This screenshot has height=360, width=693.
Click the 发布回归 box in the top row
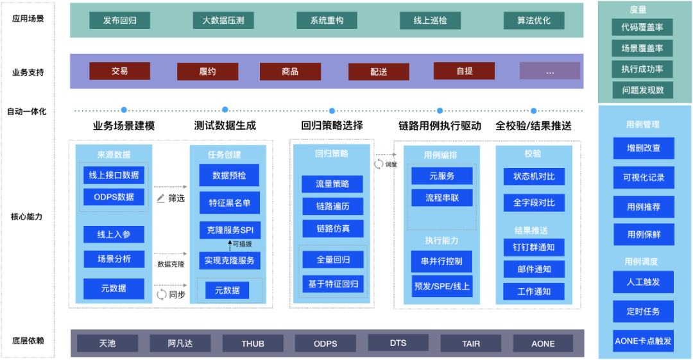[x=119, y=21]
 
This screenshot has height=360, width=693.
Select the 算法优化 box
[x=534, y=21]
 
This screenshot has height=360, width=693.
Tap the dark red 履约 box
[x=207, y=71]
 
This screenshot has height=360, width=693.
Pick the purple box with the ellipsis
[x=549, y=71]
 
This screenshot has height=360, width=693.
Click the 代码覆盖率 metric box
[x=642, y=28]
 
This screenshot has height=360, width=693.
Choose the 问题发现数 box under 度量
[x=642, y=90]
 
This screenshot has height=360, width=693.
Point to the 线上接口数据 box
[x=114, y=175]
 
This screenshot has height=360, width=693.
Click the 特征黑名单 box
[x=229, y=203]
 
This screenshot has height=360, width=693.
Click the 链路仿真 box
[x=332, y=228]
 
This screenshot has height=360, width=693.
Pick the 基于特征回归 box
[x=332, y=284]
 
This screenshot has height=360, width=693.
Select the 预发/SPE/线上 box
[x=441, y=286]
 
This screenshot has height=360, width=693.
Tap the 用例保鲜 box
[x=644, y=235]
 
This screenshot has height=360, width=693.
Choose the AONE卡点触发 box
[x=644, y=341]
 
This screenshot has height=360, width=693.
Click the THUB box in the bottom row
[x=253, y=343]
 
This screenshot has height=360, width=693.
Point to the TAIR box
[x=471, y=343]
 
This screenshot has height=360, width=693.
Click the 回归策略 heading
[x=332, y=154]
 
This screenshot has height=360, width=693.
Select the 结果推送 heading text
[x=531, y=230]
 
